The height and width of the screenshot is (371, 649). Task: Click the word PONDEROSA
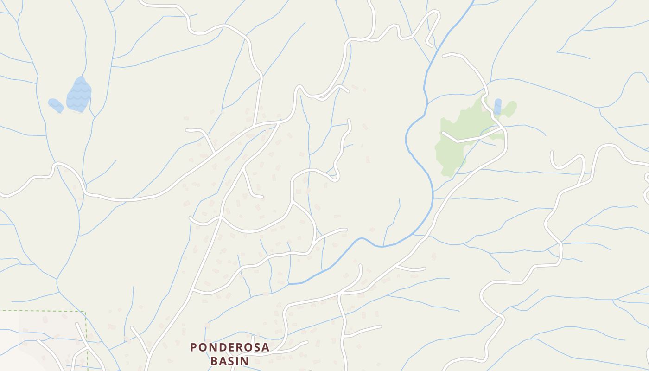click(229, 347)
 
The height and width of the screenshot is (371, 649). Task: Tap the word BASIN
click(229, 360)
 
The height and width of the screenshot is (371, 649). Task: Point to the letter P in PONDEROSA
click(194, 347)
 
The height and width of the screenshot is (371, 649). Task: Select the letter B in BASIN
click(214, 360)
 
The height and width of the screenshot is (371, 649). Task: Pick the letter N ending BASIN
click(245, 360)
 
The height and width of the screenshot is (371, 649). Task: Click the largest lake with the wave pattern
click(79, 95)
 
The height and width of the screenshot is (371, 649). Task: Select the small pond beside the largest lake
click(56, 105)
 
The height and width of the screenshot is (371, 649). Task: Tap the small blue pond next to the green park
click(498, 106)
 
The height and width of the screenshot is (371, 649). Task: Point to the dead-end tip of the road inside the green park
click(443, 133)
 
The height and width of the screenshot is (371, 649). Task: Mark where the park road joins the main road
click(503, 128)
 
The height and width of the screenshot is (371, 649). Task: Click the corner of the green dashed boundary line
click(86, 312)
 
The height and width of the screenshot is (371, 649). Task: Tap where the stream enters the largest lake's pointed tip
click(82, 77)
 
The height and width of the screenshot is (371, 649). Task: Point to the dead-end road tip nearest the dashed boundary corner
click(77, 324)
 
